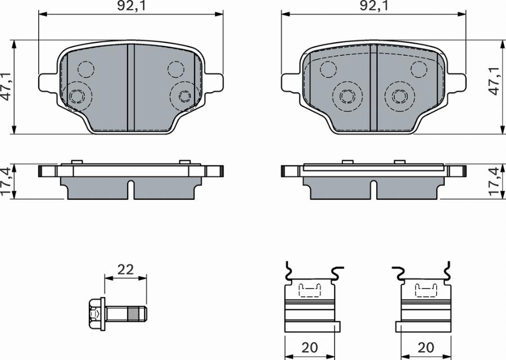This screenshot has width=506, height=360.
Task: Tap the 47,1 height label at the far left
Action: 6,86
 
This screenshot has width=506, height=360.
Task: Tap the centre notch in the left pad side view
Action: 130,188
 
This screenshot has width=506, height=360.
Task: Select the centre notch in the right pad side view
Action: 373,188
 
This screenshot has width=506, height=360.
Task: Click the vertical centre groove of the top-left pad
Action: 130,87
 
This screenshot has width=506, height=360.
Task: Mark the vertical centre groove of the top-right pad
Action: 373,87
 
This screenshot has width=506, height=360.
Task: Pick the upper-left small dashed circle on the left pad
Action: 85,69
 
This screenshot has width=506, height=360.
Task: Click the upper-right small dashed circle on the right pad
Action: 418,69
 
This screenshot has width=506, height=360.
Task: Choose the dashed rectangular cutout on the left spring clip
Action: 309,290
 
